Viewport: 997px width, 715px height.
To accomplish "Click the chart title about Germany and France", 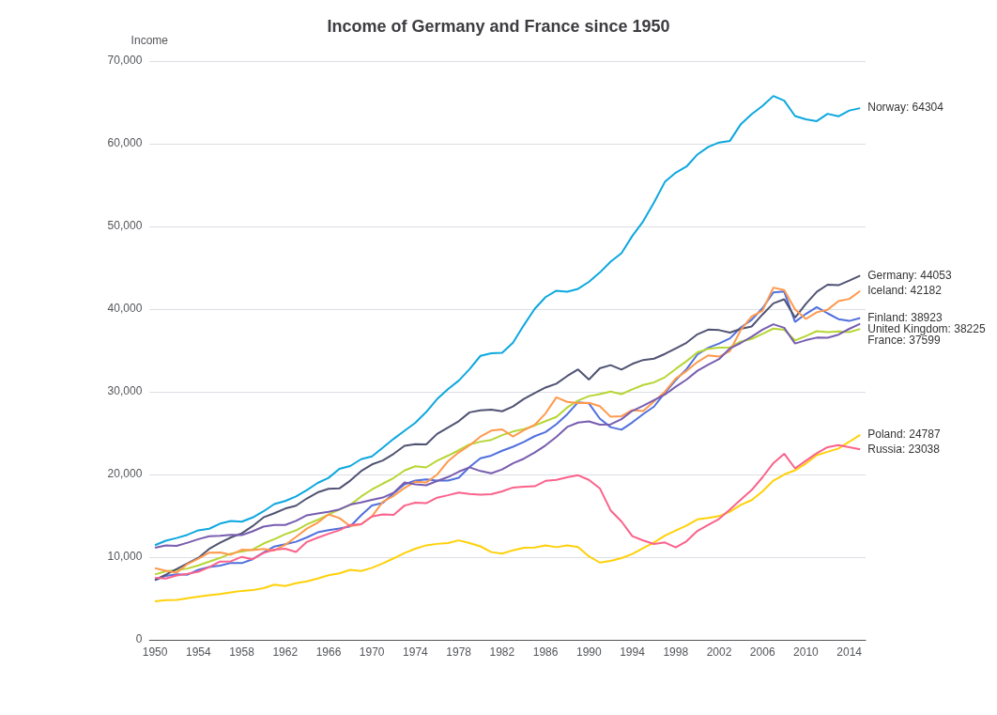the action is tap(498, 26).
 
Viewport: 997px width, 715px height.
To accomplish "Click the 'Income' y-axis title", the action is tap(149, 40).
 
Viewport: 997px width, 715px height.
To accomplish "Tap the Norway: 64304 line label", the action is tap(905, 107).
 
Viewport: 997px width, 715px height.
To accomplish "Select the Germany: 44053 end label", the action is tap(910, 274).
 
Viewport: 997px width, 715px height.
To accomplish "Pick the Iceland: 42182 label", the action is tap(904, 290).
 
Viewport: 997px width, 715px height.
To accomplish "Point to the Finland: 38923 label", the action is tap(905, 318).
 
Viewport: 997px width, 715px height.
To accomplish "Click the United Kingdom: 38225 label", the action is tap(926, 329).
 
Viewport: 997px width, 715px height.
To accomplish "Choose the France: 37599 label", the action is tap(903, 340).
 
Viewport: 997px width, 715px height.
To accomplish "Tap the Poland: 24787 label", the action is tap(903, 434).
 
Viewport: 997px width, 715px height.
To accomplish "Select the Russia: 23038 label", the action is tap(903, 449).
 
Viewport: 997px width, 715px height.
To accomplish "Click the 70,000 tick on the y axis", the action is tap(125, 60).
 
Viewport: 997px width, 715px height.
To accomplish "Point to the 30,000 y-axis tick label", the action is tap(125, 391).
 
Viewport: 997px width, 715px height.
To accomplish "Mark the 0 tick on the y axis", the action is tap(139, 639).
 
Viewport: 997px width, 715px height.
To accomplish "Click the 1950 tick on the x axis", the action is tap(155, 652).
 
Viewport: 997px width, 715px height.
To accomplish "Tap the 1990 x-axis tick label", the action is tap(589, 652).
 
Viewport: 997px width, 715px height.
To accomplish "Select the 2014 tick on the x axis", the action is tap(849, 652).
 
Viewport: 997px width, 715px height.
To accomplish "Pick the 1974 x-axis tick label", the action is tap(415, 652).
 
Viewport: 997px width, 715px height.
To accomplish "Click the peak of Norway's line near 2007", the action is tap(774, 96).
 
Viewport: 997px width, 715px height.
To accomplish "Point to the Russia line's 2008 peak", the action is tap(784, 454).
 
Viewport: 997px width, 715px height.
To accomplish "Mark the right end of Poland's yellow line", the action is tap(860, 435).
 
